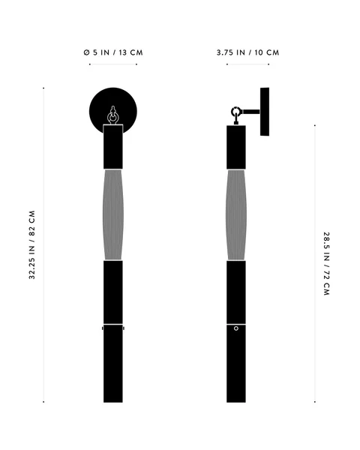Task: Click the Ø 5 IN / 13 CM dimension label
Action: tap(113, 52)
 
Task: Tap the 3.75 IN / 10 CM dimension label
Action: tap(247, 52)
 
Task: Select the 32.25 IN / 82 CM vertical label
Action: tap(31, 244)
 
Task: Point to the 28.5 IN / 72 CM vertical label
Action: tap(327, 264)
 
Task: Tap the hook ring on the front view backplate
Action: tap(112, 118)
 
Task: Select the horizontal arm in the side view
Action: tap(251, 112)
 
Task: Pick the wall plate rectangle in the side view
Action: tap(265, 112)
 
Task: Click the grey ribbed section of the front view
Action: tap(113, 214)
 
